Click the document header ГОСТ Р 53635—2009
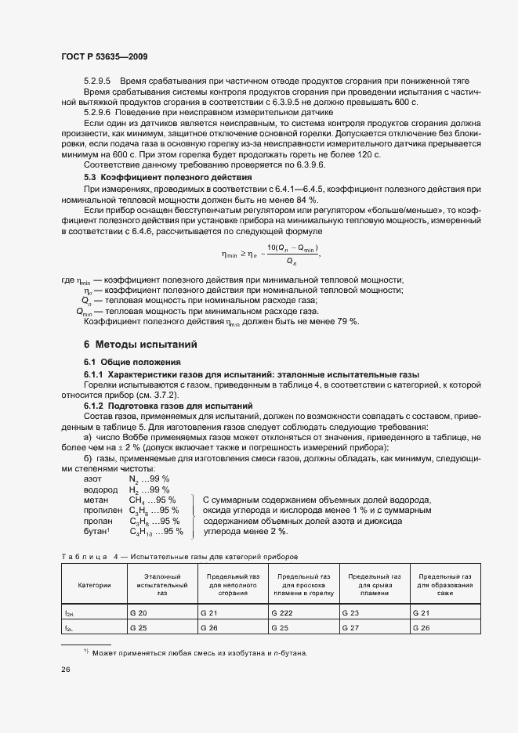pos(103,56)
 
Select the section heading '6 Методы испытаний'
pos(139,345)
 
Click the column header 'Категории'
pos(94,585)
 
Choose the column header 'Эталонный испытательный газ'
pos(161,585)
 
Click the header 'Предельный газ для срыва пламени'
pos(375,585)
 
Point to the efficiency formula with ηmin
pos(271,254)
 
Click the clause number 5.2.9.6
pos(98,113)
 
